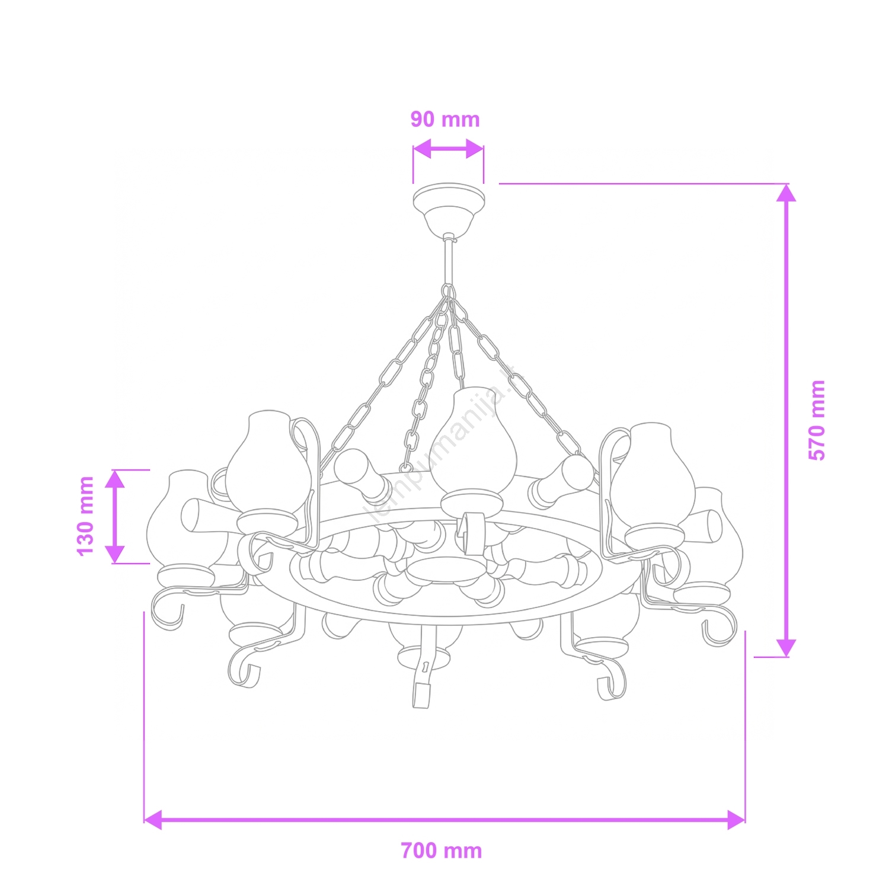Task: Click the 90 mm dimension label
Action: pos(445,120)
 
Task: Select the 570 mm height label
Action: pos(817,420)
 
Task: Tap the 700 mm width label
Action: pos(442,851)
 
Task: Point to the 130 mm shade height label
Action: pos(86,516)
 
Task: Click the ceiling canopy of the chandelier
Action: pos(449,209)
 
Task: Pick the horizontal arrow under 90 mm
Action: pos(448,149)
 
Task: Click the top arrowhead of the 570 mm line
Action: pos(786,193)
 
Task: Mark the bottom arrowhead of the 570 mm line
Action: pos(786,648)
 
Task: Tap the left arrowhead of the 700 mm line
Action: pos(153,820)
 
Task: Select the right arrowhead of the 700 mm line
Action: pos(736,820)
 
